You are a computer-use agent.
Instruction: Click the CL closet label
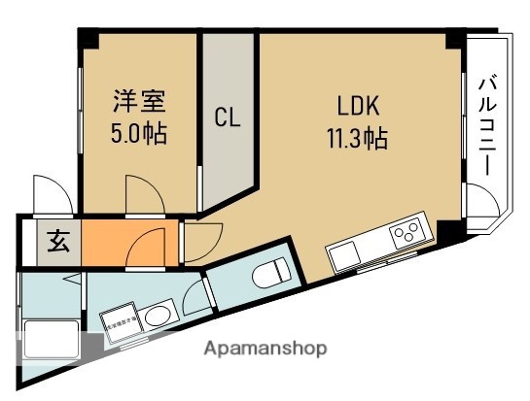[x=227, y=118]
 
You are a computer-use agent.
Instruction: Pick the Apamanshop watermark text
[x=266, y=347]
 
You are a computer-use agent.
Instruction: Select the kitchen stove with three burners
[x=407, y=233]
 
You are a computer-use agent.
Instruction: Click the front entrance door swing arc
[x=47, y=191]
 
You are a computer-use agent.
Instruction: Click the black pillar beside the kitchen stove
[x=449, y=230]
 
